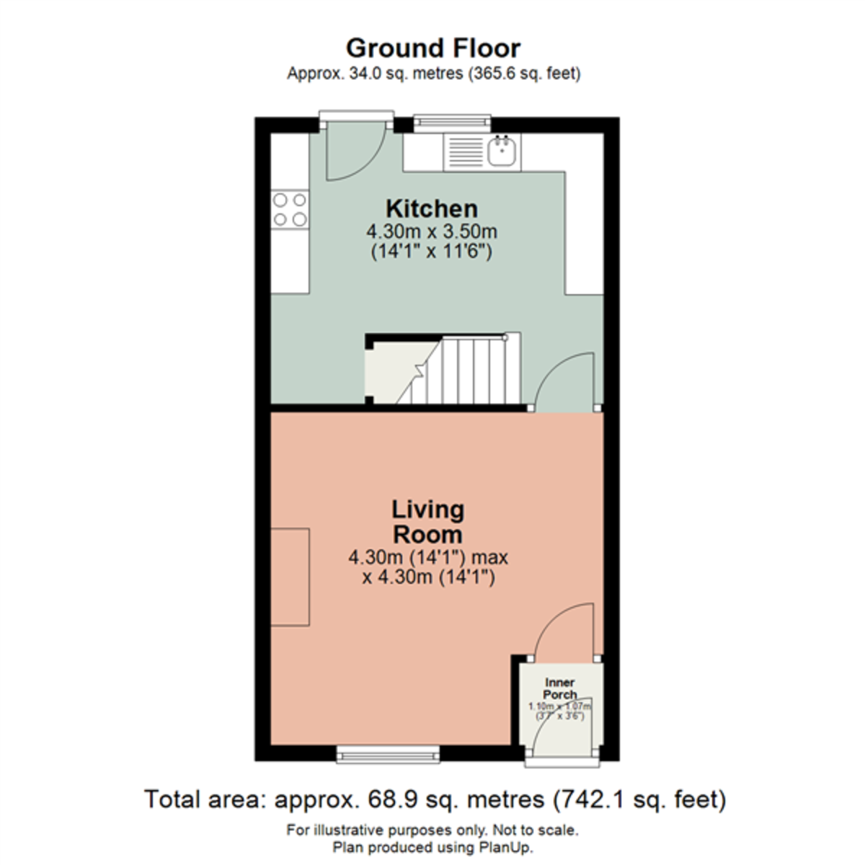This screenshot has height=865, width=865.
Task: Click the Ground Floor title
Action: (432, 48)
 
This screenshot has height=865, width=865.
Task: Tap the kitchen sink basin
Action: (502, 152)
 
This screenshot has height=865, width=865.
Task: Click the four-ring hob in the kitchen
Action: (289, 209)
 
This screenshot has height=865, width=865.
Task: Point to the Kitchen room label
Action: (432, 209)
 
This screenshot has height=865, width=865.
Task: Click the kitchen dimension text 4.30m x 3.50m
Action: (432, 232)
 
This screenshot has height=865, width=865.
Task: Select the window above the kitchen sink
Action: (452, 123)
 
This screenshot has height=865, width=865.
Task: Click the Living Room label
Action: (427, 522)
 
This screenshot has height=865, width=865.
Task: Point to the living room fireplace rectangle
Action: (290, 577)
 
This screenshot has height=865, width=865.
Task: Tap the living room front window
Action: (388, 755)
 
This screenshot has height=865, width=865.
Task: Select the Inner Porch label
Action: (560, 688)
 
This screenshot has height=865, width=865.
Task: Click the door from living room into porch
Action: (566, 631)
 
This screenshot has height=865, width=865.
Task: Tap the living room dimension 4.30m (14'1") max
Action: (428, 557)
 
